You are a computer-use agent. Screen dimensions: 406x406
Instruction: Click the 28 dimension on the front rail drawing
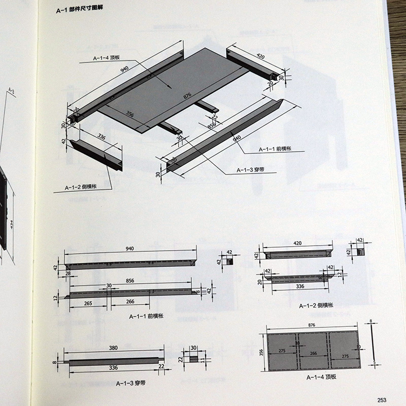click(x=68, y=274)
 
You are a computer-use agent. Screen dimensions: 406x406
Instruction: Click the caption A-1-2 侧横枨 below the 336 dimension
click(x=315, y=306)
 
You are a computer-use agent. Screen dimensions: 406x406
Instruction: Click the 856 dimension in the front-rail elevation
click(x=130, y=280)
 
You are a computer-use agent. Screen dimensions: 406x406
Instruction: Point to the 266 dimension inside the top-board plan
click(x=314, y=354)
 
